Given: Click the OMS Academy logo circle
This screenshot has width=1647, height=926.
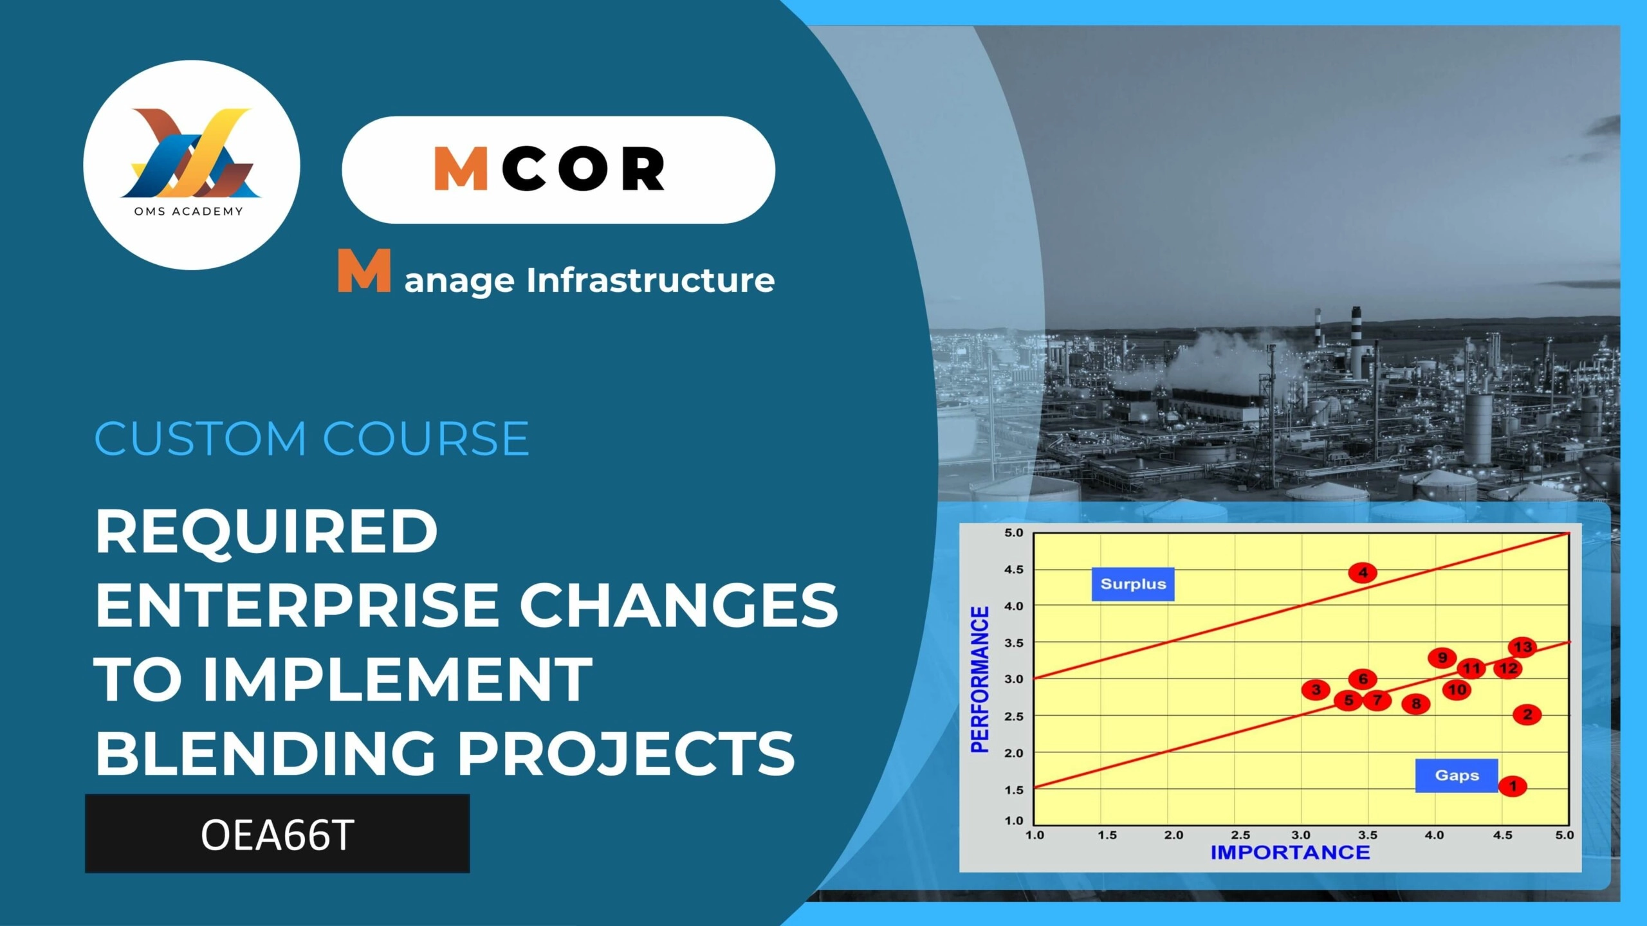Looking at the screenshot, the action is coord(192,165).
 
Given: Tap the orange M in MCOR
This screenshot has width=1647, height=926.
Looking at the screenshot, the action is coord(461,168).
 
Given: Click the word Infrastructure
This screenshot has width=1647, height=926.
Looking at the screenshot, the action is coord(650,280).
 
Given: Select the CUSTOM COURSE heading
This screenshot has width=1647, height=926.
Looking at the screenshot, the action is coord(312,439).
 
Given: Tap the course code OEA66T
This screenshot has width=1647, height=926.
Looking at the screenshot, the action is coord(277,835).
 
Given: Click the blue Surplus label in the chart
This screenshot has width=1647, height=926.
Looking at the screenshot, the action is coord(1133,584).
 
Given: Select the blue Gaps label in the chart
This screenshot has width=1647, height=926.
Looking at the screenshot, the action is coord(1457,776).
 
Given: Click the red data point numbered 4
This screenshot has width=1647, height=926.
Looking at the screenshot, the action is coord(1363,572).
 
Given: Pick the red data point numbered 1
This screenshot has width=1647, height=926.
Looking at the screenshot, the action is coord(1513,786).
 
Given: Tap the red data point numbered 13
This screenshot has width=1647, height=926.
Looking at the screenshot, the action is coord(1523,647).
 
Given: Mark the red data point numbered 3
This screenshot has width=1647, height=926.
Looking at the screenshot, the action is coord(1316,690).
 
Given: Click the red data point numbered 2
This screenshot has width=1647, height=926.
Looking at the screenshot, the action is coord(1527,714).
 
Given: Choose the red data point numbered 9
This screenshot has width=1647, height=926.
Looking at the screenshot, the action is coord(1442,657).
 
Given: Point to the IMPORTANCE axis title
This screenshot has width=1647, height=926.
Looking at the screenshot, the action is coord(1291,853).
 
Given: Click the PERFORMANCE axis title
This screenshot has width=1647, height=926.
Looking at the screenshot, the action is coord(980,679).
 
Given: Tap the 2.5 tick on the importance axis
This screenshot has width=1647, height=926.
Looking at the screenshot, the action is coord(1240,835).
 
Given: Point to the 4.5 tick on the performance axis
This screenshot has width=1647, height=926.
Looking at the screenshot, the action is coord(1013,570).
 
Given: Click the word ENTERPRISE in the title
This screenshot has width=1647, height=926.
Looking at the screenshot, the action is coord(297,605).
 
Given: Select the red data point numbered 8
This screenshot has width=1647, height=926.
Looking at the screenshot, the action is coord(1416,704).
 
